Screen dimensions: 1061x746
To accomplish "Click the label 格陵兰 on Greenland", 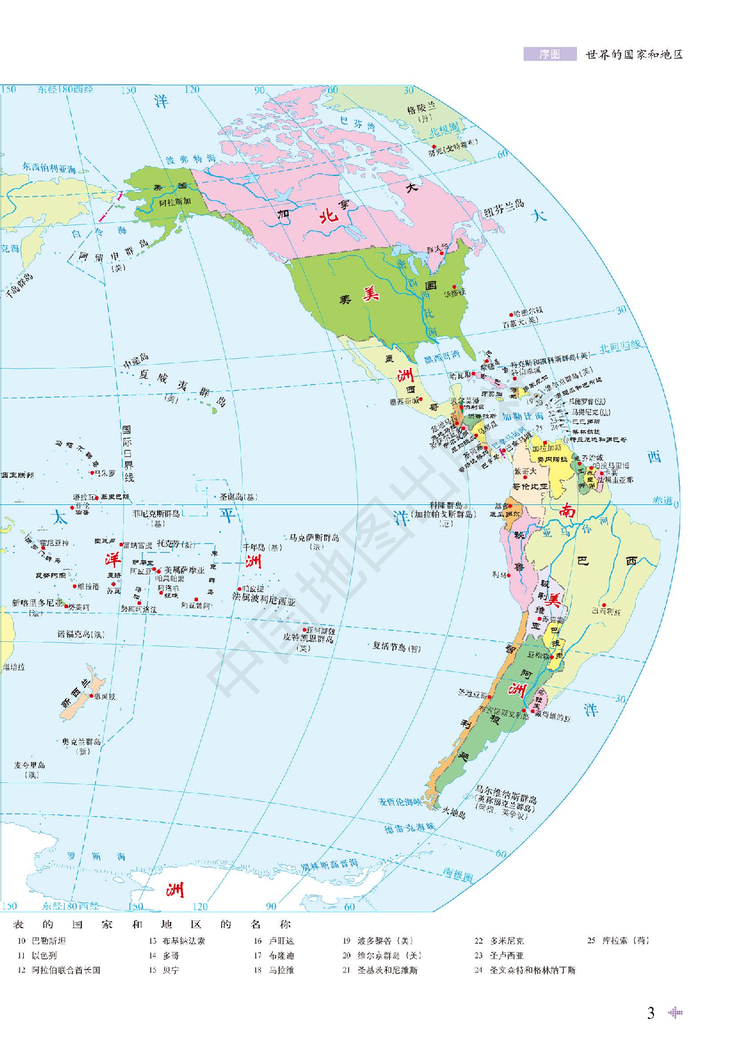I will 421,108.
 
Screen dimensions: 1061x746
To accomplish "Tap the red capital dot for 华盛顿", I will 454,287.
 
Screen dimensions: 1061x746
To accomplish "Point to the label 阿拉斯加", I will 175,202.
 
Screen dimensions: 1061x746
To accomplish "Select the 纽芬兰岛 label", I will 503,207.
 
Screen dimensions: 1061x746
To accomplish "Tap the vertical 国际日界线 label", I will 127,453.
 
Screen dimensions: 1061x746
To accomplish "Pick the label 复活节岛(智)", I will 396,647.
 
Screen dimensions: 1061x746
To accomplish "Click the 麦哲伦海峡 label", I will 400,801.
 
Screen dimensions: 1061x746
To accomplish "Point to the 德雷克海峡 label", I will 409,827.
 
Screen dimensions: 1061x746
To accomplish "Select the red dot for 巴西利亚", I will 604,605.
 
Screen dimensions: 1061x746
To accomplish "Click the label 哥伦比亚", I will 530,486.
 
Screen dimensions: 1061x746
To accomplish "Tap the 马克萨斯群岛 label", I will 314,538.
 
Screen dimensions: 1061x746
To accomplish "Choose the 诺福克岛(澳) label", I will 81,634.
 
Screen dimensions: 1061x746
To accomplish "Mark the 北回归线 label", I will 620,347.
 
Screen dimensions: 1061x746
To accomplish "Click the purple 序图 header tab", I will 550,55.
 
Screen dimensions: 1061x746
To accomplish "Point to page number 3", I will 651,1013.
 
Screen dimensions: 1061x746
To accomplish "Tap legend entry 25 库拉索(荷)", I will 618,941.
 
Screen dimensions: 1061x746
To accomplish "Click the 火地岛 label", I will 454,813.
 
